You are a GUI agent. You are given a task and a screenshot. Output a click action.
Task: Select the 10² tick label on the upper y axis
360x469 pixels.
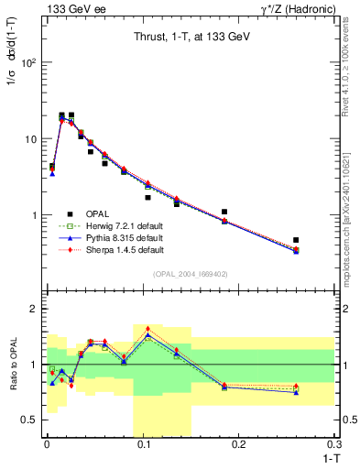(x=31, y=62)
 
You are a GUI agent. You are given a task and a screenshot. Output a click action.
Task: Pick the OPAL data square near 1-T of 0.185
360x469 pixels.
(x=224, y=212)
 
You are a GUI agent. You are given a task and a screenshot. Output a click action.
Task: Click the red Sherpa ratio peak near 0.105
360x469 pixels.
(x=147, y=328)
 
